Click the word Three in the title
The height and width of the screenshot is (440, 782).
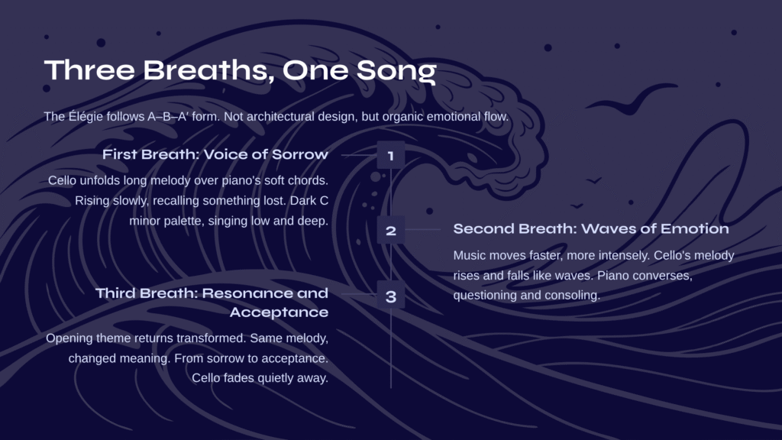coord(89,70)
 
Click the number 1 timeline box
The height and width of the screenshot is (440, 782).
coord(391,155)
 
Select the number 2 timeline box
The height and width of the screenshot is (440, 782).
coord(391,230)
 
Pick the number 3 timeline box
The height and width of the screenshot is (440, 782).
coord(391,297)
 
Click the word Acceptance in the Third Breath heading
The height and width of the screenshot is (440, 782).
coord(279,312)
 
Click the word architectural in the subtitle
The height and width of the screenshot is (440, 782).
coord(280,117)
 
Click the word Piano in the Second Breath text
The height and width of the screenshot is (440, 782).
coord(612,275)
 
